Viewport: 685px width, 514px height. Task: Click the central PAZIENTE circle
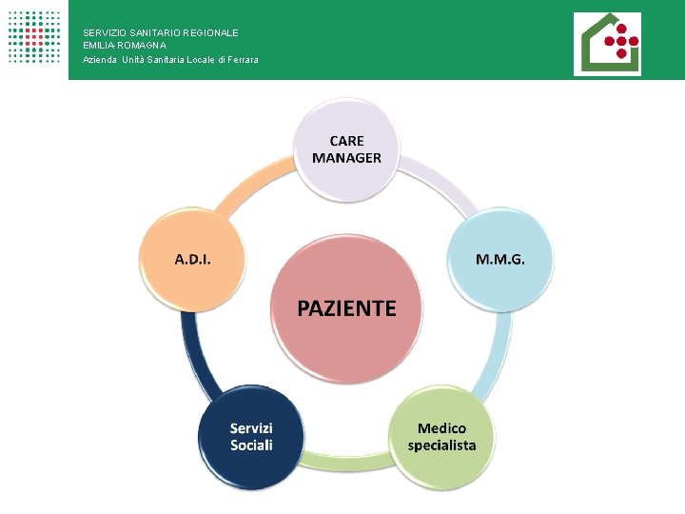[x=346, y=306]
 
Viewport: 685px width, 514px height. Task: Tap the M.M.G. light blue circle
[x=500, y=259]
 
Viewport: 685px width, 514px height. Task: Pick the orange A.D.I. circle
[x=193, y=259]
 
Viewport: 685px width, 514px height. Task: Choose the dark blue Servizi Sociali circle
[x=251, y=437]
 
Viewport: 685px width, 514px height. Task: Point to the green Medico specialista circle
[x=441, y=437]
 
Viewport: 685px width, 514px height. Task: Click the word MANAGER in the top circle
[x=346, y=158]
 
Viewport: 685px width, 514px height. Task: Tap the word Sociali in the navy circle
[x=251, y=445]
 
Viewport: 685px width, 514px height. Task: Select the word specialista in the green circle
[x=441, y=445]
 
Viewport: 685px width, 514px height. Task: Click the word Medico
[x=442, y=428]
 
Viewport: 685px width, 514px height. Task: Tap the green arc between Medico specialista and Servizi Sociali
[x=346, y=464]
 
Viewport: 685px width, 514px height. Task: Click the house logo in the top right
[x=607, y=44]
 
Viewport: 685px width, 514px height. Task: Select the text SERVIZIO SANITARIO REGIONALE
[x=161, y=32]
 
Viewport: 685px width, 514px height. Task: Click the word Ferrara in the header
[x=242, y=60]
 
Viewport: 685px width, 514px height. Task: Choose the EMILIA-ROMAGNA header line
[x=125, y=45]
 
